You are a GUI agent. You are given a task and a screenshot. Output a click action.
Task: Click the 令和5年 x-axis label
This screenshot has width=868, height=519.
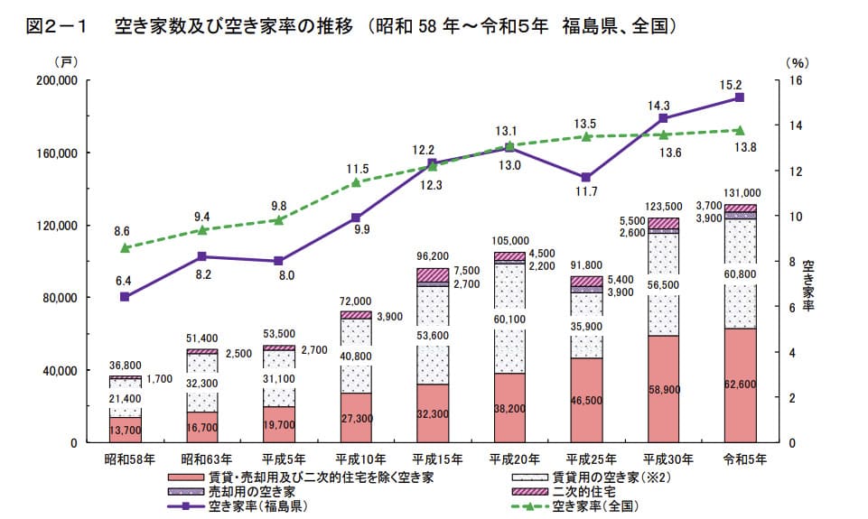click(745, 459)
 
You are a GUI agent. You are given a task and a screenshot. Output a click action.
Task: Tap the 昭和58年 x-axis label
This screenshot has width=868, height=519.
click(129, 459)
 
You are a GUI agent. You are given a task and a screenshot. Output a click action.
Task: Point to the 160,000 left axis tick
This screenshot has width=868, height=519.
click(57, 153)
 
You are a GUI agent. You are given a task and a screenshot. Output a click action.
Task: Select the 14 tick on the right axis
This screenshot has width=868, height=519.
click(796, 125)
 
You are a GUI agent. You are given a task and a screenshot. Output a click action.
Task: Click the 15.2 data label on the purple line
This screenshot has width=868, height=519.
click(731, 85)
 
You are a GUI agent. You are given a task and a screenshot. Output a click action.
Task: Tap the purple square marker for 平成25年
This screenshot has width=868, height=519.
click(586, 178)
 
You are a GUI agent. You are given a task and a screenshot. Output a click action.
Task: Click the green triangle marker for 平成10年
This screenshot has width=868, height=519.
click(356, 182)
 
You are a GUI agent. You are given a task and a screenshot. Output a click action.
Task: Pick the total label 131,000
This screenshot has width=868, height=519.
click(742, 193)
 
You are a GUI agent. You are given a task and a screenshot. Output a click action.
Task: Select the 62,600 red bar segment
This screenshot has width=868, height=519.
click(740, 385)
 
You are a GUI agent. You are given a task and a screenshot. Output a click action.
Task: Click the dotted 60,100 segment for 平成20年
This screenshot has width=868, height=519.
click(509, 319)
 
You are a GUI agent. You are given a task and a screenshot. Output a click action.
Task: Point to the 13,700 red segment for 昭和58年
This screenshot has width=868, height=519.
click(126, 430)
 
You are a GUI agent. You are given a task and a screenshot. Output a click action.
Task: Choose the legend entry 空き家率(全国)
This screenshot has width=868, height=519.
click(575, 505)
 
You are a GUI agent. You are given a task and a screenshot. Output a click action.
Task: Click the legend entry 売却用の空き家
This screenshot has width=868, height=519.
click(231, 491)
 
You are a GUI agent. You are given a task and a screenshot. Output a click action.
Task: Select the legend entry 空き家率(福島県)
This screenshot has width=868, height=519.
click(238, 505)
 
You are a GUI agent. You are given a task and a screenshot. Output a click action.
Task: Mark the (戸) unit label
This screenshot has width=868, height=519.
click(67, 62)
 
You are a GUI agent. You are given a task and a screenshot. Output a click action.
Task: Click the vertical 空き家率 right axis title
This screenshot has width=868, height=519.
click(808, 285)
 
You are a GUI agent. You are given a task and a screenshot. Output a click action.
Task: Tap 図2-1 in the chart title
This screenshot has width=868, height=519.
click(56, 26)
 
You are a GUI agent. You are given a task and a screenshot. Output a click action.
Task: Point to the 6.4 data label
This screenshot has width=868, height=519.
click(123, 281)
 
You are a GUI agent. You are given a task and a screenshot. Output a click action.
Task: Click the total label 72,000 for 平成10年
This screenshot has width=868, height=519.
click(355, 301)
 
